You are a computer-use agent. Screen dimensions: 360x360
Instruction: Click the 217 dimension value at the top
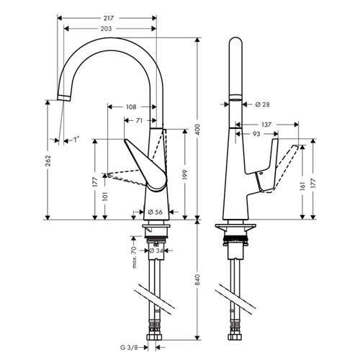pos(109,18)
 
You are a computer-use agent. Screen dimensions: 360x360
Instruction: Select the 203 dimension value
pos(106,29)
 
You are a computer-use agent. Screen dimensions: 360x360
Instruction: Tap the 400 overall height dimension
pos(197,130)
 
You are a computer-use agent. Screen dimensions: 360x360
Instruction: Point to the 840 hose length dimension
pos(197,279)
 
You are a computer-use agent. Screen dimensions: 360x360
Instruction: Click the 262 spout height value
pos(48,161)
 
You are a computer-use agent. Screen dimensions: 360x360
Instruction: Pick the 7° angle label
pos(76,140)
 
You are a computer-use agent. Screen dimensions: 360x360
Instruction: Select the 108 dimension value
pos(131,107)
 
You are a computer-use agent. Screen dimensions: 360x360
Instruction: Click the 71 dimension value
pos(139,120)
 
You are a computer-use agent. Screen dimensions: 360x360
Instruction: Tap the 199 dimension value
pos(184,174)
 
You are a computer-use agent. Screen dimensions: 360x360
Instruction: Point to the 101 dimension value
pos(105,197)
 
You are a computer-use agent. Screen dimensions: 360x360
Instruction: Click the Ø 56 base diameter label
pos(156,212)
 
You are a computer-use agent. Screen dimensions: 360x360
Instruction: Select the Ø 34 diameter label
pos(156,251)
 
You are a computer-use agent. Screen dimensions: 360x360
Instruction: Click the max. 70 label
pos(134,257)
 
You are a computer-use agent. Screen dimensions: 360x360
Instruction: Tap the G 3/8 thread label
pos(129,348)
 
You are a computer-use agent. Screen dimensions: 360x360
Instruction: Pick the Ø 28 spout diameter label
pos(262,104)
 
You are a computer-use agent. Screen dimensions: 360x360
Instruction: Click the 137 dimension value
pos(266,125)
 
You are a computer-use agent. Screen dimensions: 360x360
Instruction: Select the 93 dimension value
pos(256,134)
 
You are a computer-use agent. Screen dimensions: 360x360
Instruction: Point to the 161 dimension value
pos(302,186)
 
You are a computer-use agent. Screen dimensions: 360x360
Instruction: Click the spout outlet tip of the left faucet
pos(64,98)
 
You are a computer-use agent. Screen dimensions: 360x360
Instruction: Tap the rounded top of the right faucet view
pos(235,38)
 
